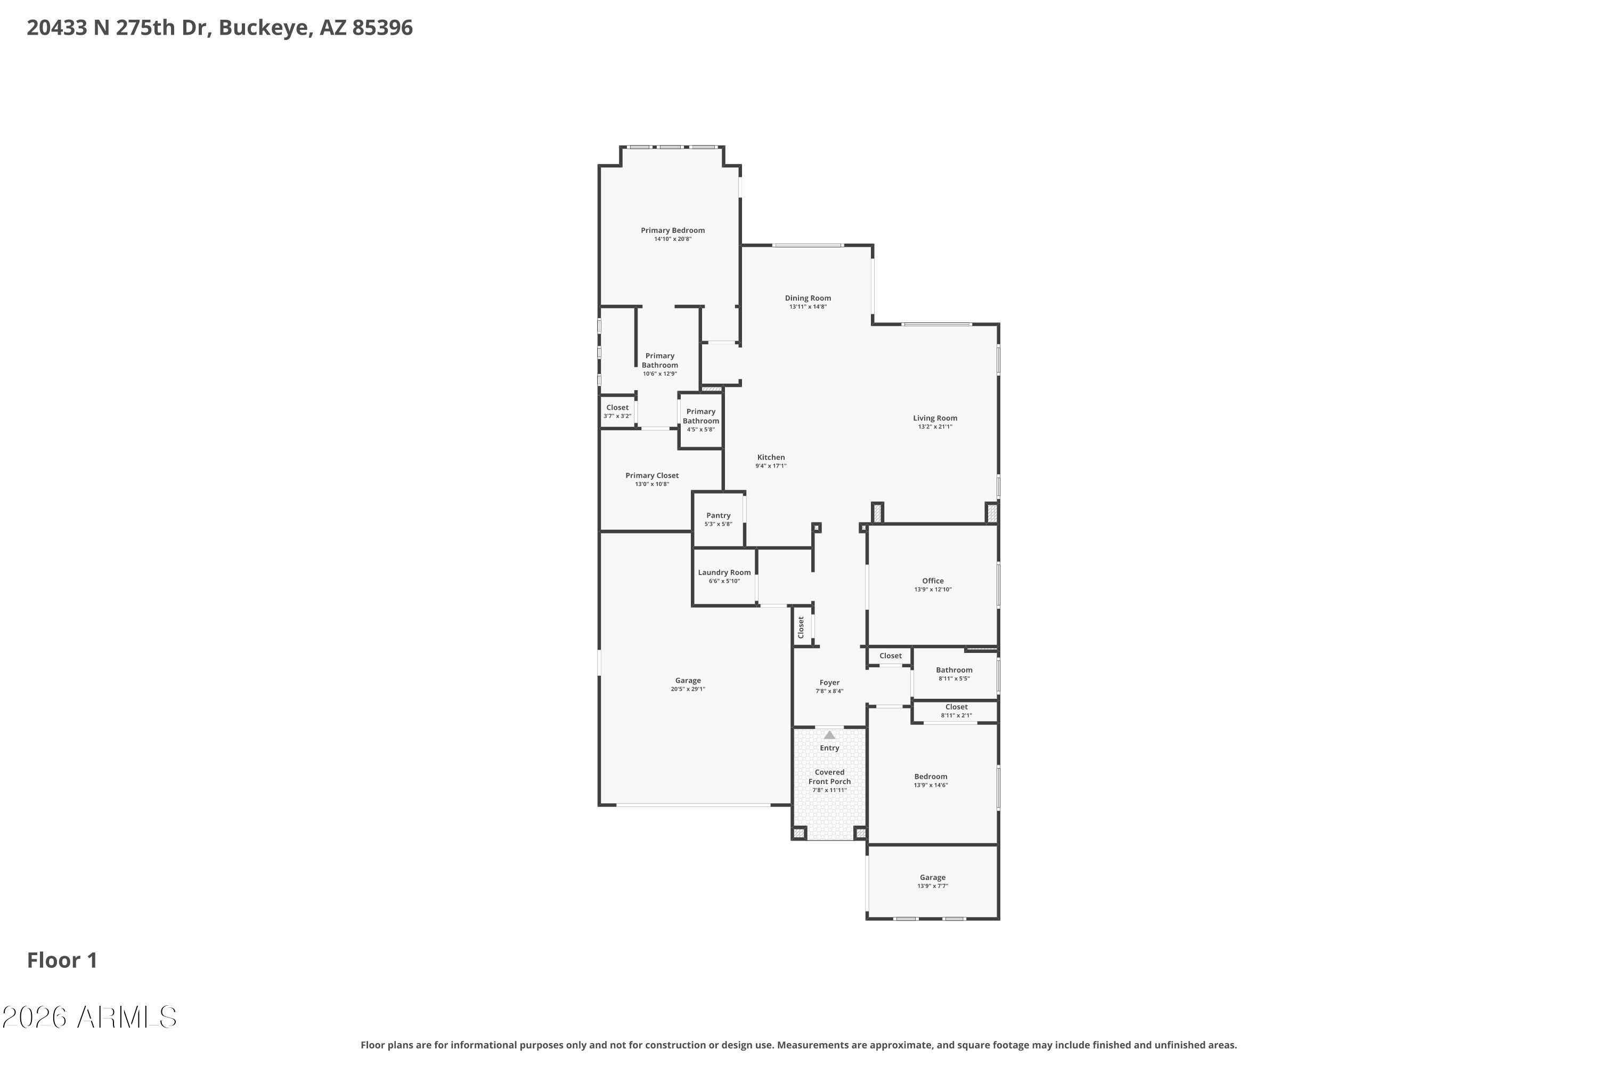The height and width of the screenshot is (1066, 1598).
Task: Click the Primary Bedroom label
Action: click(x=673, y=230)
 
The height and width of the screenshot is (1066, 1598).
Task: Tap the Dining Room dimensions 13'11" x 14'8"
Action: click(x=808, y=306)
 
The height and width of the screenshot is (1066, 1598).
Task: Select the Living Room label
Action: click(x=935, y=418)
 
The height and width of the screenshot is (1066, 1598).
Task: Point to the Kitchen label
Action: click(x=771, y=457)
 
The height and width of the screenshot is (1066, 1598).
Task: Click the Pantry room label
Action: click(x=718, y=515)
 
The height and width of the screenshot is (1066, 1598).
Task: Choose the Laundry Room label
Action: click(x=724, y=572)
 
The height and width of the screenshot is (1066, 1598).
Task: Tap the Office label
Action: click(x=933, y=580)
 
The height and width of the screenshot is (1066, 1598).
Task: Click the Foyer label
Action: click(x=829, y=683)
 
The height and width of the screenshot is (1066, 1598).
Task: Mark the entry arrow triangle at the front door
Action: click(x=829, y=735)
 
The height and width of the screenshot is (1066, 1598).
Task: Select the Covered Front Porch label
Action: click(x=829, y=777)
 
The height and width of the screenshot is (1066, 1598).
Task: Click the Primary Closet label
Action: click(x=652, y=476)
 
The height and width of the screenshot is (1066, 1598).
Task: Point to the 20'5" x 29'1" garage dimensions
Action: click(x=688, y=689)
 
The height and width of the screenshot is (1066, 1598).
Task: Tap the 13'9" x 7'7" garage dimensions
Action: click(x=933, y=886)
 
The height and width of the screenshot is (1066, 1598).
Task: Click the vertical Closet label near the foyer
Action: click(x=801, y=627)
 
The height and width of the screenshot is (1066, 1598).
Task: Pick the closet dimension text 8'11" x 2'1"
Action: click(x=957, y=715)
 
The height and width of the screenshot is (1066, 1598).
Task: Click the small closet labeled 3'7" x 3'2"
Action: click(x=617, y=411)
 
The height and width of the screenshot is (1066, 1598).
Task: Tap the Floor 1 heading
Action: click(x=62, y=960)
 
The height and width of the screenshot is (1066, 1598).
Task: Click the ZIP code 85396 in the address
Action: click(x=382, y=28)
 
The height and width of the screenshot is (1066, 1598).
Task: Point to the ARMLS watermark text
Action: click(x=127, y=1017)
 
